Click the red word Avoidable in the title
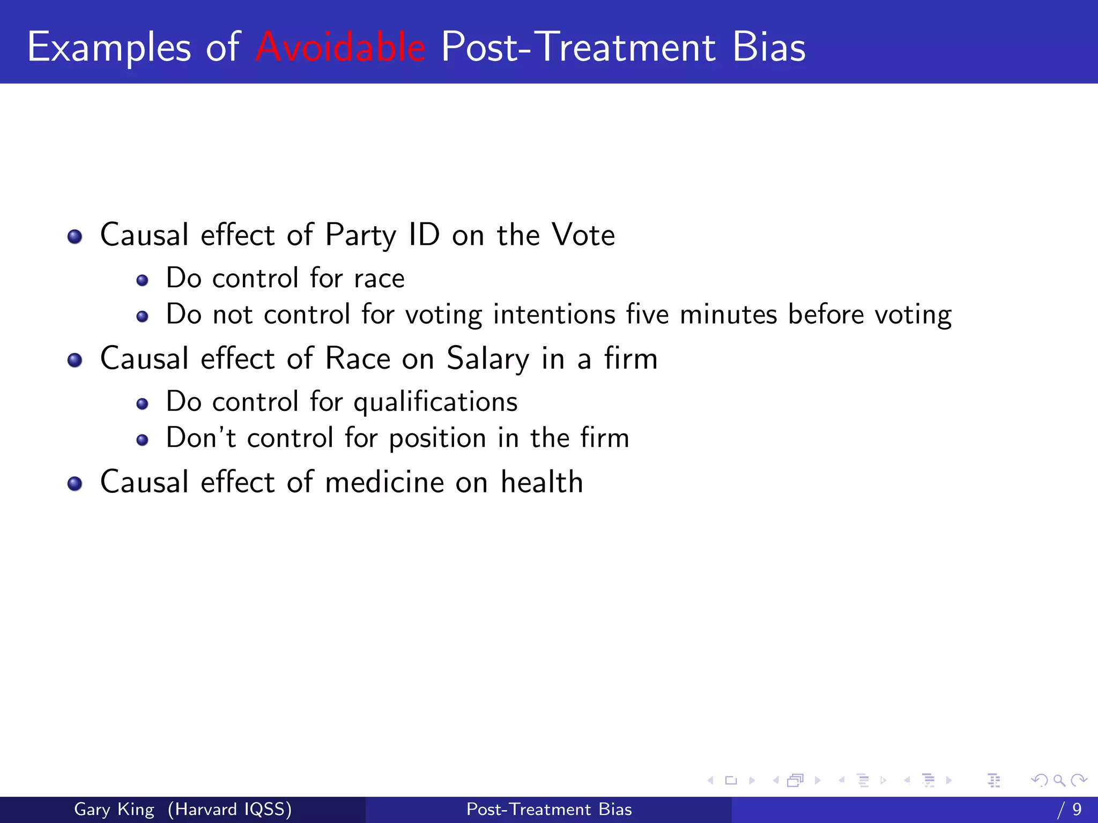click(341, 47)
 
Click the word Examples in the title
click(109, 48)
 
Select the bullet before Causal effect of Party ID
click(75, 236)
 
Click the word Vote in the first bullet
click(583, 235)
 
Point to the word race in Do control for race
click(379, 279)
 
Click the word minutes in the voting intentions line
click(728, 315)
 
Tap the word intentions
click(554, 315)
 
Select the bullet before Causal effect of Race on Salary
click(75, 360)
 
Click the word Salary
click(488, 359)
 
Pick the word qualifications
click(435, 402)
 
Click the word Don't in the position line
click(201, 438)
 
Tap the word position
click(437, 439)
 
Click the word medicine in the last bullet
click(384, 482)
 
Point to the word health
click(541, 482)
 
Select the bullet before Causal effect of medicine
click(75, 484)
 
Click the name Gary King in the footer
click(114, 809)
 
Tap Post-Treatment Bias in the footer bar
click(549, 809)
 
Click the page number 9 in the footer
click(1077, 809)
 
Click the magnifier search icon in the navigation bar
click(1059, 780)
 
